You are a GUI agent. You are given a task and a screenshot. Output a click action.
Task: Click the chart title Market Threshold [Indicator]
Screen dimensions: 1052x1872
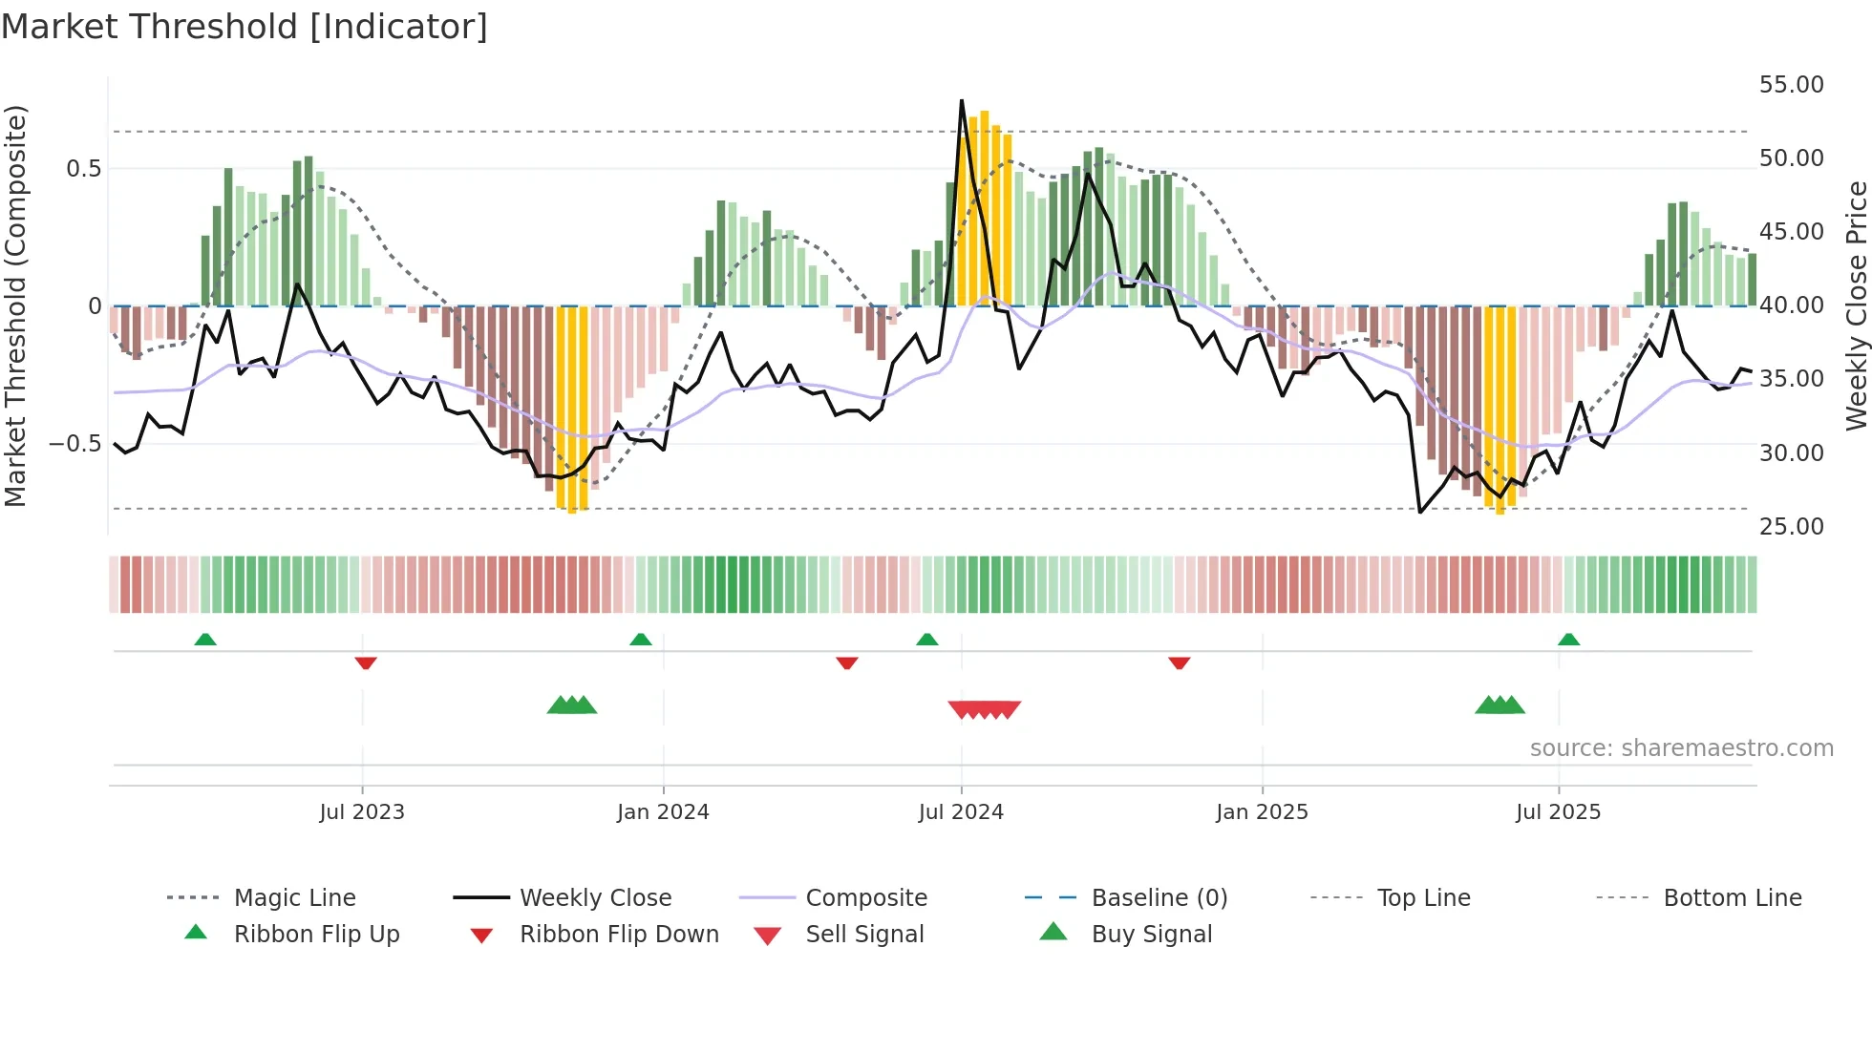coord(245,27)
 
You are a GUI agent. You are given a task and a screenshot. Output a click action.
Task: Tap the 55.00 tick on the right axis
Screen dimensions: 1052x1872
coord(1791,85)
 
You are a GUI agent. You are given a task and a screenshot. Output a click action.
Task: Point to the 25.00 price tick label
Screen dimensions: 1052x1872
coord(1791,527)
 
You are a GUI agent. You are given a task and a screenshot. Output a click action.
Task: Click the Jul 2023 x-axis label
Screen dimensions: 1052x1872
coord(362,812)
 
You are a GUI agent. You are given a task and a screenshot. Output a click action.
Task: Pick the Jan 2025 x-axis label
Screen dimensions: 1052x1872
coord(1262,812)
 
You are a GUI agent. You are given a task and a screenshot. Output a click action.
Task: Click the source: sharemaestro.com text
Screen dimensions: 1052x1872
coord(1681,748)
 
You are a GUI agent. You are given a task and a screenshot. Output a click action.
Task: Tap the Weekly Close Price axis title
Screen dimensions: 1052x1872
coord(1856,305)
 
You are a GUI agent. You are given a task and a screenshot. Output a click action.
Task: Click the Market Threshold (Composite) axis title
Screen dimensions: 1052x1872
coord(15,305)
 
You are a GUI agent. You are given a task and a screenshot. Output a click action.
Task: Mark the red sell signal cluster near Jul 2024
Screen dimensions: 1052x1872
coord(984,709)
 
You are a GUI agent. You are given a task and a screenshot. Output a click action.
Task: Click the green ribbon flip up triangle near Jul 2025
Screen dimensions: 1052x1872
coord(1568,640)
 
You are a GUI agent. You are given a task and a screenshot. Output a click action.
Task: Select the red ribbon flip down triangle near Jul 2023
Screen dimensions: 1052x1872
coord(366,663)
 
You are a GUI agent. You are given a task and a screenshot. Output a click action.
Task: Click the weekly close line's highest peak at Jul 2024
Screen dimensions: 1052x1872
coord(961,101)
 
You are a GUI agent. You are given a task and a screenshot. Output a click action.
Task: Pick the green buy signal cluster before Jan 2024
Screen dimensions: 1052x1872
coord(571,705)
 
